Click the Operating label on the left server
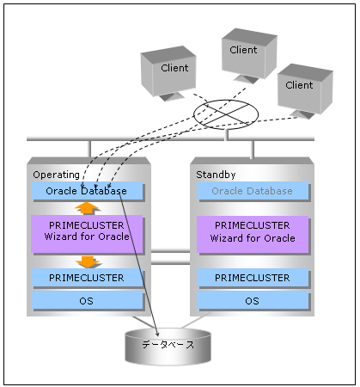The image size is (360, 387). click(56, 175)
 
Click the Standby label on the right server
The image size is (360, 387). click(216, 175)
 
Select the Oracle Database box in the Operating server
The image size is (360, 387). click(87, 190)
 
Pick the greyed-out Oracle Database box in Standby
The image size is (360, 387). click(253, 191)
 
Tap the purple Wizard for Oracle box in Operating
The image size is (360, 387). click(87, 234)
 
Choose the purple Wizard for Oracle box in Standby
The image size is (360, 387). click(253, 234)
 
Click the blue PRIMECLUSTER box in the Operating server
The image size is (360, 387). click(87, 278)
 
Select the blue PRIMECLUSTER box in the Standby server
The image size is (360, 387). click(253, 278)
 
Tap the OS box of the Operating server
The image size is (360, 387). click(87, 300)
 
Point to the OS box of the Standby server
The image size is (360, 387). click(253, 300)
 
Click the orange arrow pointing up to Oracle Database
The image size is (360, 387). click(87, 208)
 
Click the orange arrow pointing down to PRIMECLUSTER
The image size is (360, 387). click(88, 262)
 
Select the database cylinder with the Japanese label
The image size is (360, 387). click(168, 347)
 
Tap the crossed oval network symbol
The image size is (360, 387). click(226, 114)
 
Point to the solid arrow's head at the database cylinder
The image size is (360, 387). click(157, 335)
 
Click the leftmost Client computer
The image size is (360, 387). click(168, 73)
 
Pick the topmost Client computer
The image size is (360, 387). click(249, 55)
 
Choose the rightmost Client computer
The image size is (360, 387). click(305, 91)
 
